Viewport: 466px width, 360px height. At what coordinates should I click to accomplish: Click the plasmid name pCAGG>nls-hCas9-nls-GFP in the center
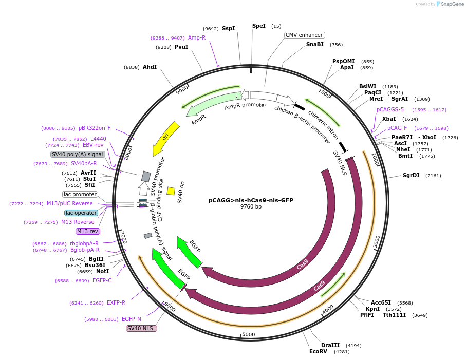[251, 200]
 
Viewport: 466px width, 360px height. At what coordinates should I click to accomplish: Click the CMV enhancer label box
[305, 35]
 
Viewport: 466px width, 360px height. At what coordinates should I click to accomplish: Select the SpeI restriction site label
[259, 26]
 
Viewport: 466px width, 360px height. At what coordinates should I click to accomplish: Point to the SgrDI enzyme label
[411, 175]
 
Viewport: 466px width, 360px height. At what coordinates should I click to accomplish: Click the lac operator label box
[81, 213]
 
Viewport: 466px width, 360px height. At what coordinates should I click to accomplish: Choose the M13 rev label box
[87, 231]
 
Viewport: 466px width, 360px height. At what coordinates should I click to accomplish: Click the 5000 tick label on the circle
[249, 334]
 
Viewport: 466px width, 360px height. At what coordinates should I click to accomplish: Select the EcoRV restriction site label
[318, 352]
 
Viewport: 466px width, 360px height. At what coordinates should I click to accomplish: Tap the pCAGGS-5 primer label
[390, 109]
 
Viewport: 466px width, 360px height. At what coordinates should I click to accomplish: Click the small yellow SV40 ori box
[171, 191]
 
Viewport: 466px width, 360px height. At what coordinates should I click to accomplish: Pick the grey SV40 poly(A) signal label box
[78, 154]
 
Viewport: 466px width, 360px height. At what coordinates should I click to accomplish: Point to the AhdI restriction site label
[150, 67]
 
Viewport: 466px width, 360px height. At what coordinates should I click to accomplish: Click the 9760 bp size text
[251, 207]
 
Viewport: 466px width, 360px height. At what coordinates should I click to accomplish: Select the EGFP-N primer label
[131, 319]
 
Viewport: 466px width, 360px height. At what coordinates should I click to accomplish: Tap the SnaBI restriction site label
[315, 44]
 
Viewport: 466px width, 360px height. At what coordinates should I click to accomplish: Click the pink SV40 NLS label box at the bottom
[141, 328]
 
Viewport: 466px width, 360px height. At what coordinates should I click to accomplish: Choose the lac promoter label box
[80, 194]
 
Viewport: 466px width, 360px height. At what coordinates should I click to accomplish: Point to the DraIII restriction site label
[330, 345]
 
